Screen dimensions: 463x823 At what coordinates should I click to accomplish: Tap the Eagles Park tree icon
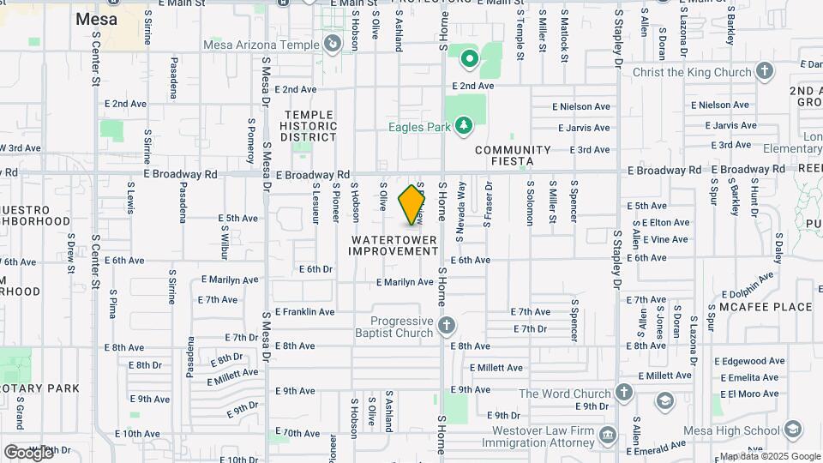(464, 127)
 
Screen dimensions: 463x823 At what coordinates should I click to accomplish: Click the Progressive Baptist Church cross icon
(446, 326)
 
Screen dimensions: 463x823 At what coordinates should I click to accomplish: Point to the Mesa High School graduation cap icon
(793, 430)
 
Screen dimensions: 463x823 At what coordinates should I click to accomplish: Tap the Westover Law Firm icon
(607, 434)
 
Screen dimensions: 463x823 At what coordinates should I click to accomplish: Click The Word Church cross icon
(625, 394)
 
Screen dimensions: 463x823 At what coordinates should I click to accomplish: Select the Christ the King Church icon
(766, 72)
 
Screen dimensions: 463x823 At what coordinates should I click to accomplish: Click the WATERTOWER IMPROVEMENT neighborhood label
(393, 245)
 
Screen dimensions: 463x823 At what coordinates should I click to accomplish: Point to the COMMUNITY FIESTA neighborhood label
(513, 155)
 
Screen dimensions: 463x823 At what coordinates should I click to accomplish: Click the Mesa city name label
(97, 18)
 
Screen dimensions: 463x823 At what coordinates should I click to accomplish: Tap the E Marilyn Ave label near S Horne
(405, 282)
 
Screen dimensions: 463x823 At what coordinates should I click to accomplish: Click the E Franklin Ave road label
(304, 312)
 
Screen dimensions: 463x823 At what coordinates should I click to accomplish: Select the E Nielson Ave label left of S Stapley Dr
(580, 107)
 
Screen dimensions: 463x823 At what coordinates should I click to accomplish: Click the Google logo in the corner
(28, 452)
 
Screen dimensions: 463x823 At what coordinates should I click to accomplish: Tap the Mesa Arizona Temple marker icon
(333, 43)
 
